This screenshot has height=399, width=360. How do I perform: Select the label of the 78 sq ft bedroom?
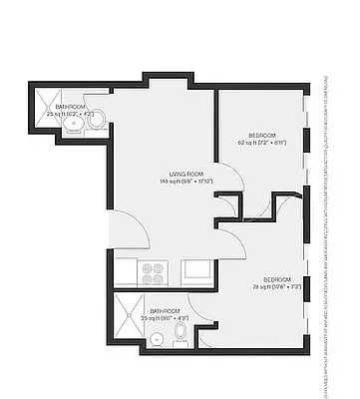278,278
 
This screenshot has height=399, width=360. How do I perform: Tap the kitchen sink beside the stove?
194,268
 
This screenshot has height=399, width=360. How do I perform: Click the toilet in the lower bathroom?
180,330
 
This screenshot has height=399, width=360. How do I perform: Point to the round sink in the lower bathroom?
157,339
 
